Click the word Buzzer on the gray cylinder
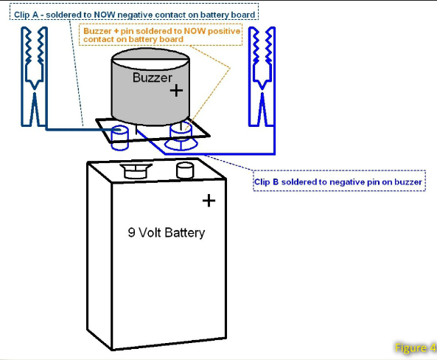[152, 77]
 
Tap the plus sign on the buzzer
[176, 91]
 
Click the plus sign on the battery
[209, 201]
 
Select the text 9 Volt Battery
[167, 232]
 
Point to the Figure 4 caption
[416, 347]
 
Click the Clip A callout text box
[134, 12]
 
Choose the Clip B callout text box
[339, 181]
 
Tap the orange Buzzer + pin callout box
[161, 35]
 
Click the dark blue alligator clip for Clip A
[35, 77]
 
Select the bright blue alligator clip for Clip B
[262, 77]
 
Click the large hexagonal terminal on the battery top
[136, 171]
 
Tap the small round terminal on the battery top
[185, 170]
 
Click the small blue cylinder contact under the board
[120, 138]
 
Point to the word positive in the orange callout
[224, 31]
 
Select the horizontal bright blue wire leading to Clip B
[220, 153]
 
